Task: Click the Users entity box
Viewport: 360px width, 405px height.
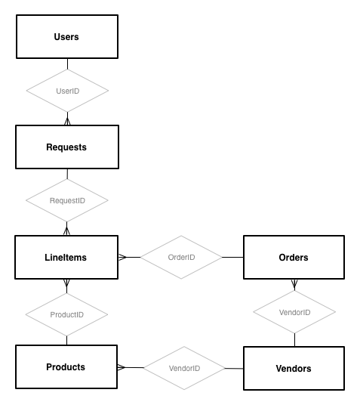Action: pyautogui.click(x=67, y=37)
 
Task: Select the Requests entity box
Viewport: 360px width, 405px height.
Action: pyautogui.click(x=67, y=147)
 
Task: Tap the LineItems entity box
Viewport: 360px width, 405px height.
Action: pyautogui.click(x=66, y=257)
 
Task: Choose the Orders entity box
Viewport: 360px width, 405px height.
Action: pyautogui.click(x=294, y=257)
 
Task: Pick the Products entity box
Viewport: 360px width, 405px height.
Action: pyautogui.click(x=66, y=366)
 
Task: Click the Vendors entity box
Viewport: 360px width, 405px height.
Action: pyautogui.click(x=294, y=368)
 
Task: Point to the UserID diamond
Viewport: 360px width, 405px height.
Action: pyautogui.click(x=67, y=91)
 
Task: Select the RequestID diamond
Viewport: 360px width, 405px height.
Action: pyautogui.click(x=67, y=200)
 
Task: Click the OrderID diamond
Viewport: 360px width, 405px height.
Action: pyautogui.click(x=181, y=257)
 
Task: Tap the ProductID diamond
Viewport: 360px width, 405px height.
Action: pyautogui.click(x=66, y=314)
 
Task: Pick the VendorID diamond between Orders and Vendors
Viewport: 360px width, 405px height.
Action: pyautogui.click(x=294, y=312)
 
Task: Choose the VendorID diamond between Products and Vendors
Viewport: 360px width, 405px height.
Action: pyautogui.click(x=184, y=368)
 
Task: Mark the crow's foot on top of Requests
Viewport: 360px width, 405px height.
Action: pyautogui.click(x=67, y=121)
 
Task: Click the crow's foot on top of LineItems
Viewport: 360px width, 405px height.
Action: pyautogui.click(x=66, y=231)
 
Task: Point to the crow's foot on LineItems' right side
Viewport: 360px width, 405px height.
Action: pyautogui.click(x=122, y=257)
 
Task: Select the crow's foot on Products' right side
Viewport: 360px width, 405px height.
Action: pyautogui.click(x=122, y=367)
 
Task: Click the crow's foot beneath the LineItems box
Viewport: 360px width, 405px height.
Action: pyautogui.click(x=66, y=283)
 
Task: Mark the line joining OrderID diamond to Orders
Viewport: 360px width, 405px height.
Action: pyautogui.click(x=232, y=257)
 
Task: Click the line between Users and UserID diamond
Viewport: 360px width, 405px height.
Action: pyautogui.click(x=67, y=63)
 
